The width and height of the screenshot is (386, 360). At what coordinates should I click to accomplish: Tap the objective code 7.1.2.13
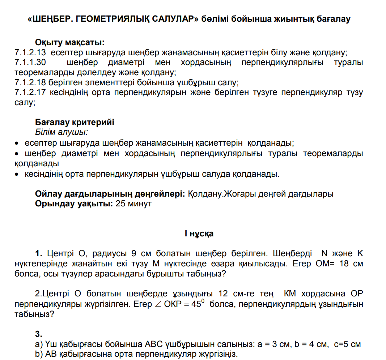[x=30, y=52]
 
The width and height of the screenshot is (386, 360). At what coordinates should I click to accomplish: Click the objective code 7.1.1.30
[x=30, y=63]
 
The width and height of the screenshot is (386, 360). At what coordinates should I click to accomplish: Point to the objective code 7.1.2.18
[x=30, y=83]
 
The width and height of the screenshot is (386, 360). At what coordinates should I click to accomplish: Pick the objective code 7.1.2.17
[x=30, y=93]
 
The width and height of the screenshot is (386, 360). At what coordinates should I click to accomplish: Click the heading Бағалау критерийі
[x=75, y=122]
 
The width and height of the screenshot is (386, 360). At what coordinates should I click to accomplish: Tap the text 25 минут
[x=133, y=203]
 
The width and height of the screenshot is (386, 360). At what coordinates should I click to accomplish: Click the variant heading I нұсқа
[x=199, y=233]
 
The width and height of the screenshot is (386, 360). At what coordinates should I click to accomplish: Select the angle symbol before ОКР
[x=158, y=304]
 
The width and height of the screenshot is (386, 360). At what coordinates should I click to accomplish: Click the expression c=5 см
[x=347, y=344]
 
